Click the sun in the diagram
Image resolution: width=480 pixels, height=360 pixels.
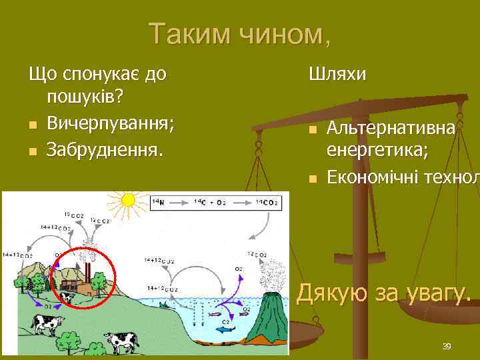[x=126, y=200]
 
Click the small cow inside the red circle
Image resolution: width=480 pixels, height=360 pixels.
[x=67, y=297]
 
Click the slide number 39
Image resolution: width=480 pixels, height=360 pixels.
[x=447, y=346]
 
